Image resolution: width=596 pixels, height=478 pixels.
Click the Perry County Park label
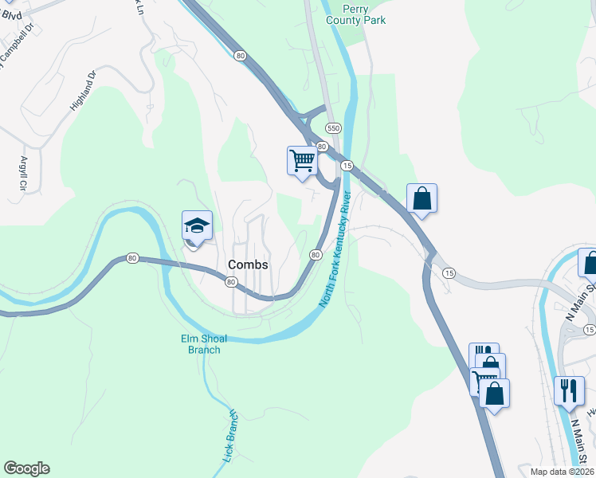pos(354,14)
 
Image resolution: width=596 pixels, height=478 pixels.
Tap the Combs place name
pos(248,264)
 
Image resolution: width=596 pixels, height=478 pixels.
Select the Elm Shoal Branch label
pos(199,343)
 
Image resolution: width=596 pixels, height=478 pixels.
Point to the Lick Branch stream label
pos(230,437)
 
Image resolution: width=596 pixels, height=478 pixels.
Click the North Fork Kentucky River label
pos(335,249)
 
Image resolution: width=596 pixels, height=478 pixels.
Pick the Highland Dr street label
pos(83,89)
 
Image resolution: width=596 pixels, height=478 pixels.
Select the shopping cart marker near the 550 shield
pos(302,161)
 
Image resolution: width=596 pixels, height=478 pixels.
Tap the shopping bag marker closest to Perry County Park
pos(422,198)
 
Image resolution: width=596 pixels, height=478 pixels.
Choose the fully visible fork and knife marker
pos(568,391)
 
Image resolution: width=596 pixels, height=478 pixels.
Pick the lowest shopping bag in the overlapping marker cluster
pos(494,394)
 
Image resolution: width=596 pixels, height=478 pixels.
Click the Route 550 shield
pos(333,127)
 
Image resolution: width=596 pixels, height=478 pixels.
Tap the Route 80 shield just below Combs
pos(230,282)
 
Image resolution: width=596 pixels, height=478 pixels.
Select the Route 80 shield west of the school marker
pos(132,258)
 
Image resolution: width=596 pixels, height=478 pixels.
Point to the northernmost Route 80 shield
pos(240,55)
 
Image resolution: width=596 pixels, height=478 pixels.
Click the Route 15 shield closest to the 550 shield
pos(347,165)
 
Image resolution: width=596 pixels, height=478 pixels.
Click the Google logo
pos(26,468)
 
